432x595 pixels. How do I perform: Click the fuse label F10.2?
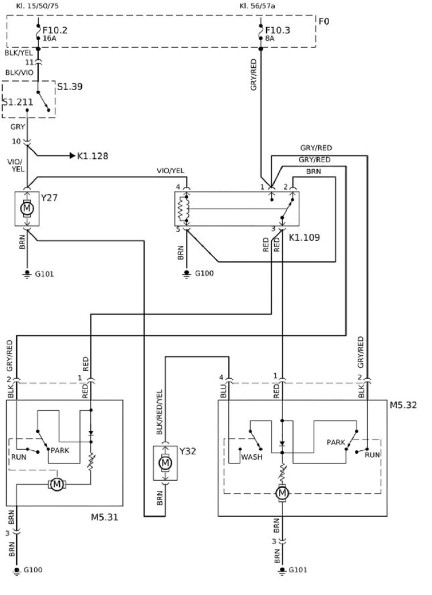pos(55,30)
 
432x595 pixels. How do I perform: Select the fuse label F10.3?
pos(277,30)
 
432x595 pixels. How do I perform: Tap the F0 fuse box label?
pos(324,21)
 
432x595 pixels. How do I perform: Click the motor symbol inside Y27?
pos(27,208)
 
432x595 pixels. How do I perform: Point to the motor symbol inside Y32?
pos(165,463)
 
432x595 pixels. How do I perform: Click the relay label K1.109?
pos(304,237)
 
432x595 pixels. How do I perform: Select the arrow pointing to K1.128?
pos(71,155)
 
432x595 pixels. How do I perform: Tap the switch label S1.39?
pos(70,86)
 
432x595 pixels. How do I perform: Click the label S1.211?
pos(18,102)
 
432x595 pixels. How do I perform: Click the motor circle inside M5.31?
pos(57,484)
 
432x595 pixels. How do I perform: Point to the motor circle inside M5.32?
pos(282,493)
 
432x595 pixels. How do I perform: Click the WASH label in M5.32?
pos(252,457)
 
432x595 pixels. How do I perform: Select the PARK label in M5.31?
pos(60,450)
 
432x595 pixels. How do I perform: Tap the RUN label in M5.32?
pos(372,455)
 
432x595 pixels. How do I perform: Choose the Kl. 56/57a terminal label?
pos(257,6)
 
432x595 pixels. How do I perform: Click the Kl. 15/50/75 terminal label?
pos(37,6)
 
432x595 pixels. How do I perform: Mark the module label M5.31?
pos(105,517)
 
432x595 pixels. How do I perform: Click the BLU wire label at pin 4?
pos(223,391)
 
